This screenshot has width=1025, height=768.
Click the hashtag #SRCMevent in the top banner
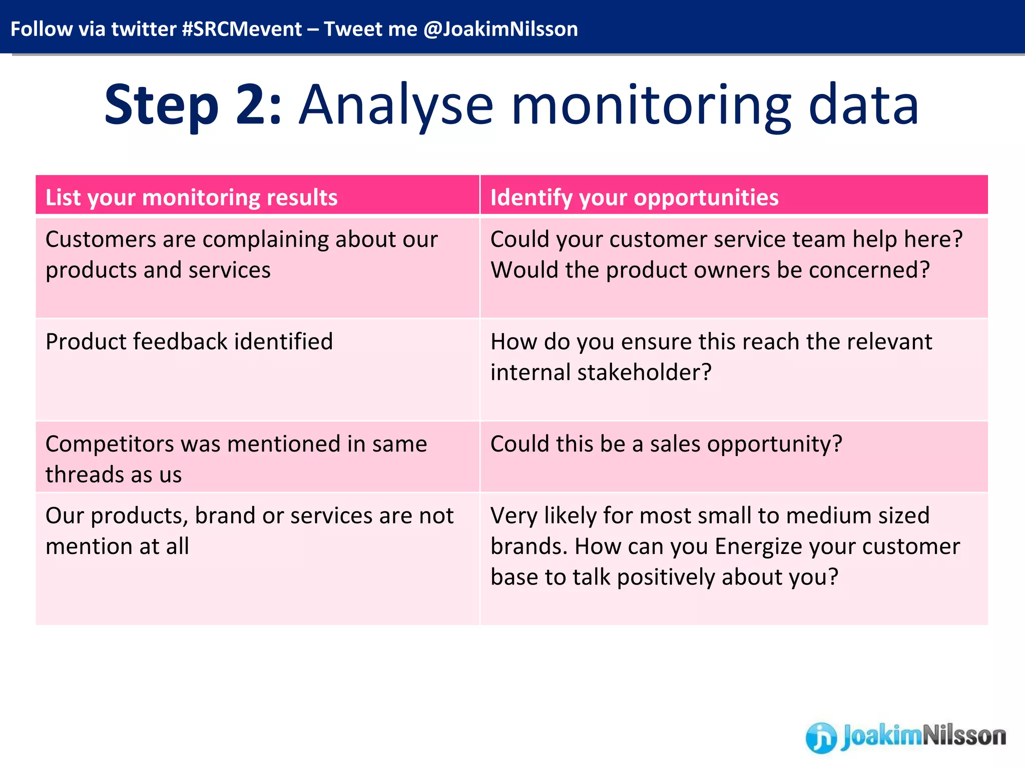tap(242, 29)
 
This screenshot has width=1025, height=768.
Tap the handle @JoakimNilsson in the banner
tap(500, 29)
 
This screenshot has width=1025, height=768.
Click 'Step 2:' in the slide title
tap(193, 105)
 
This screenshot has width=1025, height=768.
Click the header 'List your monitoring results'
tap(191, 197)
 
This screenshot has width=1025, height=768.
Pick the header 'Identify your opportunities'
tap(634, 197)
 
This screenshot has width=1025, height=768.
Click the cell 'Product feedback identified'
tap(189, 342)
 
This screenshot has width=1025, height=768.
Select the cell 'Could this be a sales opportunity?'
tap(666, 444)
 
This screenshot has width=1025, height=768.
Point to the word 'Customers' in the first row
tap(100, 239)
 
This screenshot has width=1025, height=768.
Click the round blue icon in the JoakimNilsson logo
tap(821, 737)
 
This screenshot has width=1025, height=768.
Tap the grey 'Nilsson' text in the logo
tap(964, 735)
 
